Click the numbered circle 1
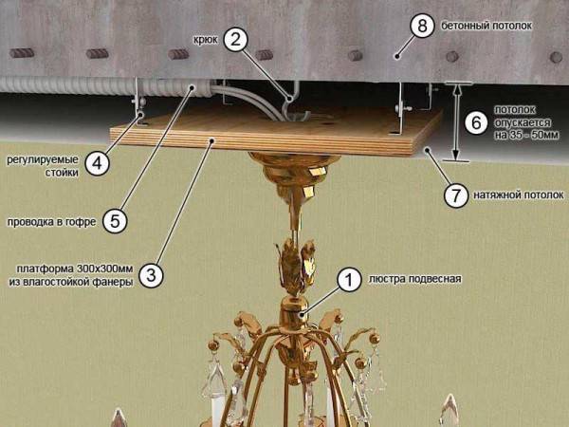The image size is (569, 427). [349, 279]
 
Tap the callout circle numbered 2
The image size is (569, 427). [237, 39]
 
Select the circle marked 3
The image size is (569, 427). [152, 274]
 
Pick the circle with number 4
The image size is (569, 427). [96, 163]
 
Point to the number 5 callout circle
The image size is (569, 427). [112, 220]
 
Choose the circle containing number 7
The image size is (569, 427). [455, 195]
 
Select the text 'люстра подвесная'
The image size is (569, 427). [415, 279]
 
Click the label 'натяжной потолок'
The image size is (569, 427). [518, 195]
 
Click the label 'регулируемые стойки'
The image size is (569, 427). [44, 163]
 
